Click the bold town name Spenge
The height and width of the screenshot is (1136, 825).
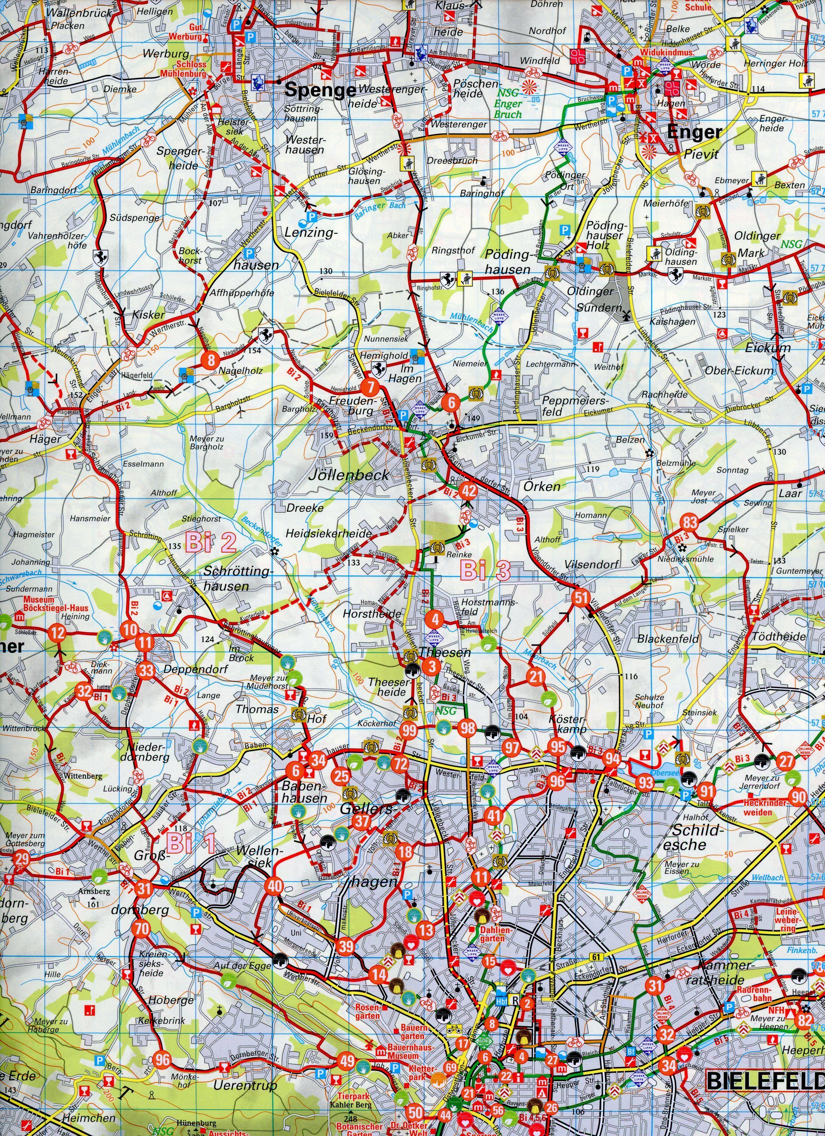click(320, 90)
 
